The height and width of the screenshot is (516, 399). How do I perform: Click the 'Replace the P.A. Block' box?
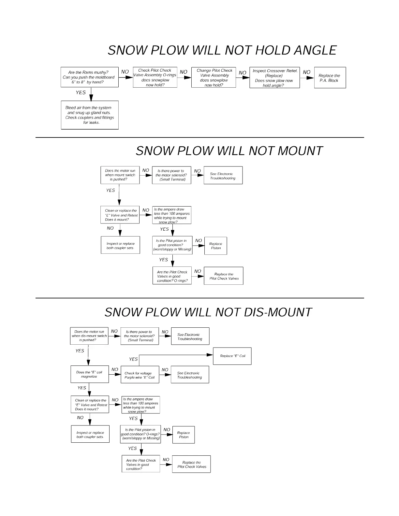tap(330, 78)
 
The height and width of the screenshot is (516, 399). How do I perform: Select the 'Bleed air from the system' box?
tap(90, 115)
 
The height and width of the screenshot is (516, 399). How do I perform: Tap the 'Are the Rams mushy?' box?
tap(89, 77)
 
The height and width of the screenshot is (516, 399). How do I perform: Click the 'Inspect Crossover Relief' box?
tap(274, 78)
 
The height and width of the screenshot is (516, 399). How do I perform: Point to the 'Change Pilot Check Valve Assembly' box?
tap(214, 78)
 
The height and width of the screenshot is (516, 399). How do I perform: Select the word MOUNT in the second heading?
tap(300, 151)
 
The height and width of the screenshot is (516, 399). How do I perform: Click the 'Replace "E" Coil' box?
tap(232, 356)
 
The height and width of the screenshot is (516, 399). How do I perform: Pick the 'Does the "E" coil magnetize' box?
tap(89, 374)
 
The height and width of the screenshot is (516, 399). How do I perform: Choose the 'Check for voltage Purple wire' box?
tap(140, 375)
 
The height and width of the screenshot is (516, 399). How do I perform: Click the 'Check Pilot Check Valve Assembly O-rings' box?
tap(155, 78)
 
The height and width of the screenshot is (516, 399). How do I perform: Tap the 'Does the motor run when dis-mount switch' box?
tap(89, 336)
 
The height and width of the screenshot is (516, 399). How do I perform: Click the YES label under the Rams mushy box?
tap(81, 93)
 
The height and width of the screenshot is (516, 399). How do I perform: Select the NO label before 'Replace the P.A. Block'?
tap(307, 72)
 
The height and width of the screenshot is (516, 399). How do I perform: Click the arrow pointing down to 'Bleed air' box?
tap(91, 97)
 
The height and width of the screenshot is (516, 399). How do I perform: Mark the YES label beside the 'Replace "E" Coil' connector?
tap(133, 359)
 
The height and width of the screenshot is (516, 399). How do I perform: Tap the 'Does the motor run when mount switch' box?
tap(120, 175)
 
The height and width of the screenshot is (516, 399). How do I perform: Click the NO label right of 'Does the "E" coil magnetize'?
tap(115, 369)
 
